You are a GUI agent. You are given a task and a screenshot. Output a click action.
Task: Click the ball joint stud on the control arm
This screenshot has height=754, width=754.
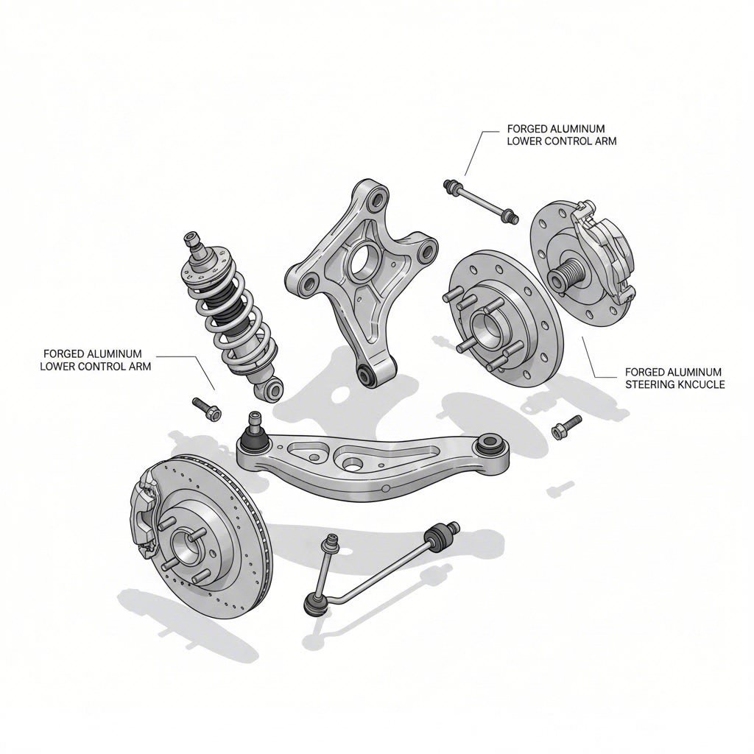(253, 424)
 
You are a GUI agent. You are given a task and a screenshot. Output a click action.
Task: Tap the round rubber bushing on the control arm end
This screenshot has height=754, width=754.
(489, 444)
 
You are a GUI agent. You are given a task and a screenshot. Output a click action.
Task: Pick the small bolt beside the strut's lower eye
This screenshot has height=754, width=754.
(204, 408)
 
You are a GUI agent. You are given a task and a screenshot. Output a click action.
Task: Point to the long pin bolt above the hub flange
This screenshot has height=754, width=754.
(479, 200)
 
